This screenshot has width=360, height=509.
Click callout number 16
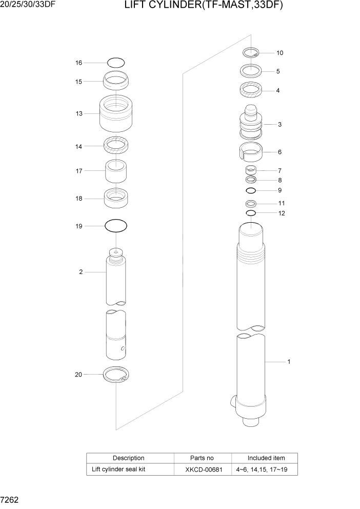click(x=78, y=63)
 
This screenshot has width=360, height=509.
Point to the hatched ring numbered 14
click(x=116, y=146)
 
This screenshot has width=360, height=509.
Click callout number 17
click(x=79, y=171)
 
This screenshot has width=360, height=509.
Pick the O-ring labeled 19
click(x=116, y=225)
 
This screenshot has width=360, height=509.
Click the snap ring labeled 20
click(x=116, y=375)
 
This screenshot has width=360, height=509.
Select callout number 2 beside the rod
click(x=81, y=272)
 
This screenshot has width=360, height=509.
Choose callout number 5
click(x=277, y=71)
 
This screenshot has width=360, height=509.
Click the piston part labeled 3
click(x=251, y=125)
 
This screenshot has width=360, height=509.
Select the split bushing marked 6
click(x=251, y=151)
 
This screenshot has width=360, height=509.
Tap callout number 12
click(x=282, y=213)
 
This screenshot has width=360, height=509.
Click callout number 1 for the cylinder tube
click(x=289, y=362)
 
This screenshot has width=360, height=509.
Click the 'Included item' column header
click(x=266, y=458)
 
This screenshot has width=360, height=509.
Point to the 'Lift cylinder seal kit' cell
click(x=119, y=469)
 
